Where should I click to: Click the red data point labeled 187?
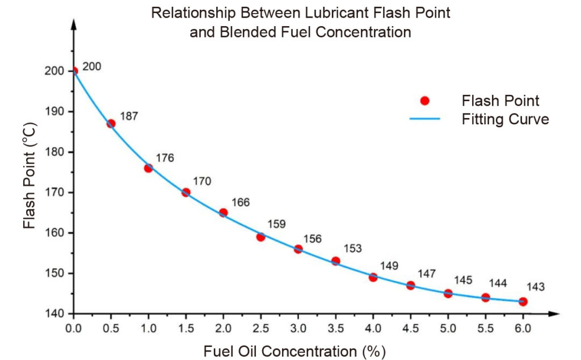tap(111, 123)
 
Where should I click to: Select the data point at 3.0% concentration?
tap(298, 249)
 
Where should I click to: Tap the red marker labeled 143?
tap(523, 302)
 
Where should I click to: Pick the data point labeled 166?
tap(223, 212)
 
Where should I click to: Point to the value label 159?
tap(276, 224)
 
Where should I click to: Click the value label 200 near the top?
tap(91, 66)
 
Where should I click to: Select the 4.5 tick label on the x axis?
tap(410, 328)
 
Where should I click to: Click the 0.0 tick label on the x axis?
tap(73, 328)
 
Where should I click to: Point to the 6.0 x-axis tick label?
tap(523, 328)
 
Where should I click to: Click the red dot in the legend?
tap(424, 101)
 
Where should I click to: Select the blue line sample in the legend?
tap(424, 119)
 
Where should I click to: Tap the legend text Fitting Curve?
tap(505, 120)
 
